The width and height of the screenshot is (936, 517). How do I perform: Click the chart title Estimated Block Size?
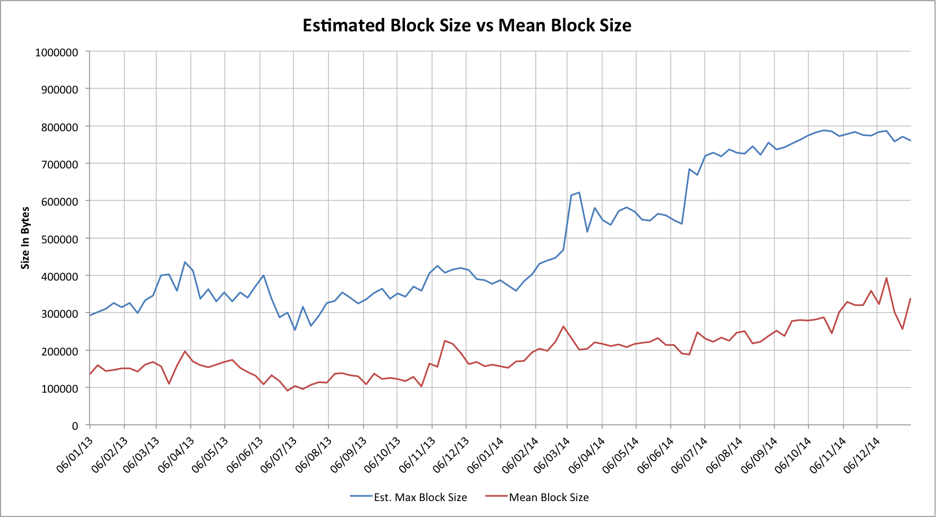tap(467, 25)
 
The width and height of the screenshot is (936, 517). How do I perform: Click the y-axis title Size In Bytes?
tap(25, 238)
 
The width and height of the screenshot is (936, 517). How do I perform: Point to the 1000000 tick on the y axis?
tap(56, 53)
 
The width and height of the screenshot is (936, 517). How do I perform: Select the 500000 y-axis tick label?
tap(59, 239)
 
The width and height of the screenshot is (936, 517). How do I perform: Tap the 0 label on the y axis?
tap(74, 426)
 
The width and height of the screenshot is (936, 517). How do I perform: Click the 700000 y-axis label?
tap(59, 164)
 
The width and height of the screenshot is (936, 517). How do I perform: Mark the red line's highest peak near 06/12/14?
tap(886, 278)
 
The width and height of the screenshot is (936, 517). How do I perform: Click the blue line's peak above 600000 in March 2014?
tap(579, 192)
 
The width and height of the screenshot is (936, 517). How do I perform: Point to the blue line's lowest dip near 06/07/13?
tap(294, 330)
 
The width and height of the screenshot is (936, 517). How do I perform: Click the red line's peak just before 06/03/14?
tap(563, 326)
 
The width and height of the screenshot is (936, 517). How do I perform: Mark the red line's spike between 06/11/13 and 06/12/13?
tap(445, 341)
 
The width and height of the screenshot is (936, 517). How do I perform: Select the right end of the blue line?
tap(910, 141)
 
